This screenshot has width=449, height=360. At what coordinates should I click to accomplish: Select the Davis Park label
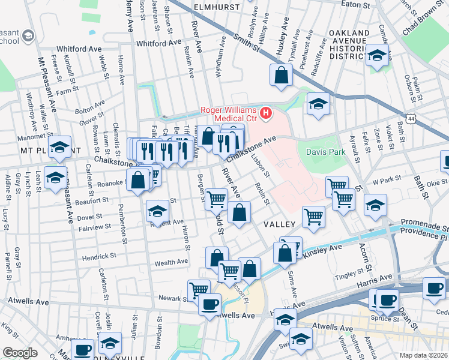pyautogui.click(x=325, y=152)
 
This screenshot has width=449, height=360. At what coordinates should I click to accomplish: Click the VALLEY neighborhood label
pyautogui.click(x=279, y=224)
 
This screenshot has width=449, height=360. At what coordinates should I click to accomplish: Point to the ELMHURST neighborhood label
pyautogui.click(x=217, y=7)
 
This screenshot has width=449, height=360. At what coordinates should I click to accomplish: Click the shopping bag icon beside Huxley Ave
pyautogui.click(x=281, y=76)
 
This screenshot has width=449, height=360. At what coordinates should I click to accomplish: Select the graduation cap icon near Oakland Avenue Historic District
pyautogui.click(x=376, y=57)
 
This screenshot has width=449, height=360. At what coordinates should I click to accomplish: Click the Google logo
pyautogui.click(x=20, y=353)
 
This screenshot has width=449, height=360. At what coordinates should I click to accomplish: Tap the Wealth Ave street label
pyautogui.click(x=171, y=262)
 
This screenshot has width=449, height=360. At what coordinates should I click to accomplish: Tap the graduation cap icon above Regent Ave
pyautogui.click(x=158, y=211)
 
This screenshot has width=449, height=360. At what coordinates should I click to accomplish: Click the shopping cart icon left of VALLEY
pyautogui.click(x=216, y=199)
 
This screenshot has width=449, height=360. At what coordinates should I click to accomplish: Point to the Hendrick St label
pyautogui.click(x=100, y=256)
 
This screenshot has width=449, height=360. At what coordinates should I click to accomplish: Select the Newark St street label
pyautogui.click(x=173, y=298)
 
